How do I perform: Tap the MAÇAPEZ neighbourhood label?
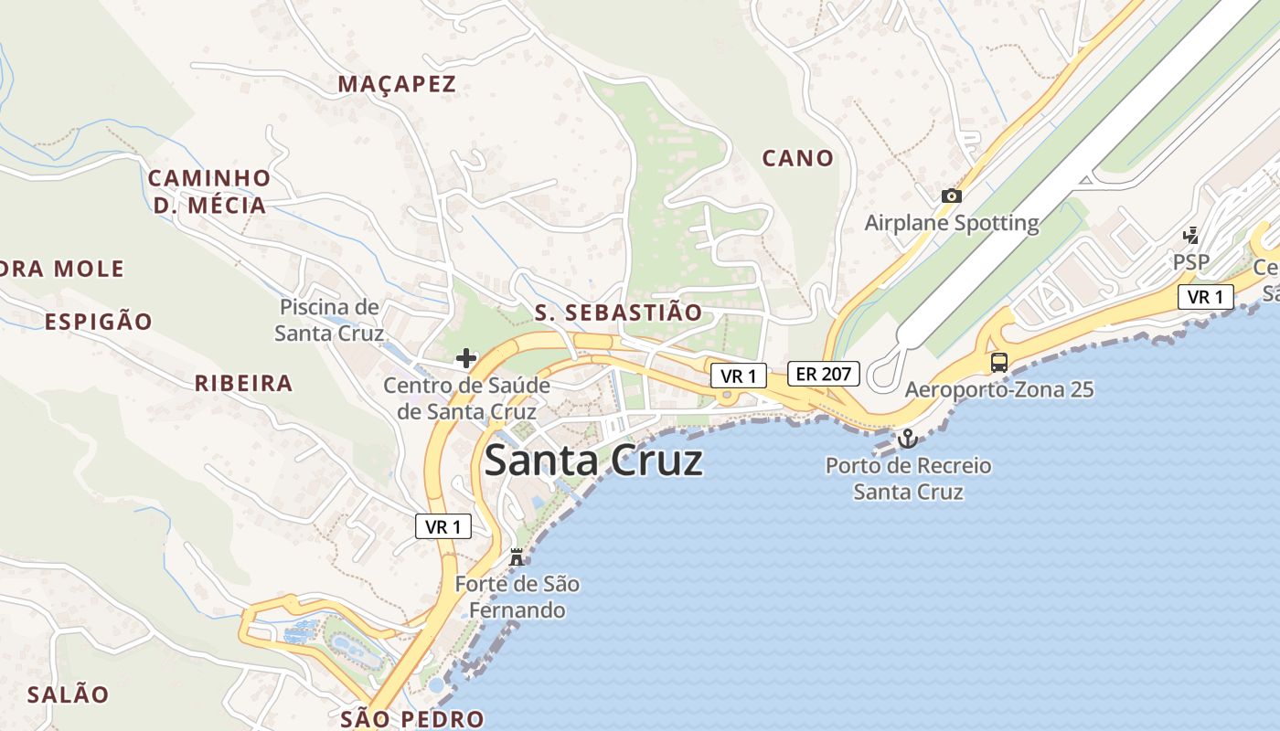click(x=397, y=84)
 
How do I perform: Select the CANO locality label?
click(x=798, y=158)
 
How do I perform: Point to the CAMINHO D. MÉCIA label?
click(x=209, y=192)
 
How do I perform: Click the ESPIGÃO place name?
click(x=99, y=322)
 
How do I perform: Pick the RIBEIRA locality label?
click(x=243, y=383)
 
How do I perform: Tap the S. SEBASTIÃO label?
click(x=618, y=313)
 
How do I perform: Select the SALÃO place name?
click(x=68, y=694)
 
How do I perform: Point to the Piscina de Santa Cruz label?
click(x=329, y=320)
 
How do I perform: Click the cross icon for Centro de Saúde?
click(x=466, y=358)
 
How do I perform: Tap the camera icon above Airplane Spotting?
click(x=952, y=196)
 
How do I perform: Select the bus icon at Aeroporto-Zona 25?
click(x=999, y=363)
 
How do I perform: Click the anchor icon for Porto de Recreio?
click(x=908, y=439)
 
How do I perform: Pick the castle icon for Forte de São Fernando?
click(x=517, y=556)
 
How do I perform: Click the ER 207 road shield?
click(x=824, y=374)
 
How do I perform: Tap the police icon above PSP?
click(x=1190, y=236)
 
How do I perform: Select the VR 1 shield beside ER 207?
click(x=738, y=376)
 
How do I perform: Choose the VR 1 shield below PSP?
click(x=1206, y=297)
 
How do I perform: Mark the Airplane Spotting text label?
click(x=952, y=223)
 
